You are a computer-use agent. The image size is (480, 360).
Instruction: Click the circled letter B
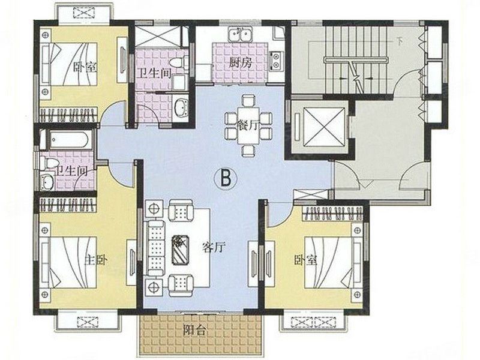(226, 178)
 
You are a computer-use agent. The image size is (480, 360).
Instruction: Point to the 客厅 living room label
(214, 247)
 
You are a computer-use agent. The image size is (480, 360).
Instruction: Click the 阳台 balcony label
(194, 331)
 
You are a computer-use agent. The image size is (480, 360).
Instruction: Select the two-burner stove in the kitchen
(277, 61)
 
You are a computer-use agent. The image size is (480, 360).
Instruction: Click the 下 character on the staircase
(399, 41)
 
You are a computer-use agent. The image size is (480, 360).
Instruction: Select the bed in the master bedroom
(70, 262)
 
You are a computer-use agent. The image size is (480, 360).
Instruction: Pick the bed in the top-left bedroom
(70, 64)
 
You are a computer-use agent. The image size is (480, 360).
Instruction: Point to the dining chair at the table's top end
(248, 101)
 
